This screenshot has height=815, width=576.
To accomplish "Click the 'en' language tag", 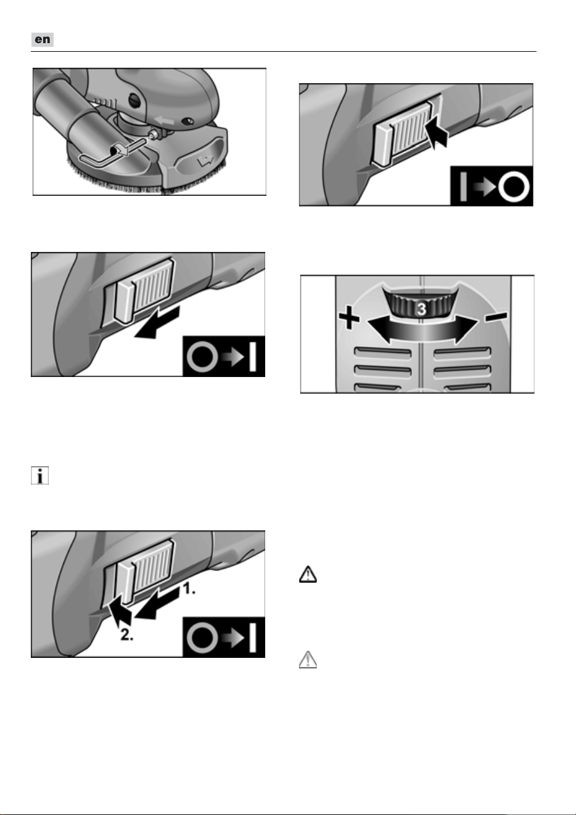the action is click(43, 39).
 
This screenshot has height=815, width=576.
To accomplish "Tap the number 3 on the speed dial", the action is click(421, 309).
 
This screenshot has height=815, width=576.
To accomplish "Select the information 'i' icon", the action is click(39, 476).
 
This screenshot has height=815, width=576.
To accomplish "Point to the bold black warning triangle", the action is click(308, 575).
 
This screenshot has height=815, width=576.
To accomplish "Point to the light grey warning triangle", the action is click(308, 660).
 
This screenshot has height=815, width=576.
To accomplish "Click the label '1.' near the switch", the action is click(189, 588).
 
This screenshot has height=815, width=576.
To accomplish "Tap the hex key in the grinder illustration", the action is click(105, 157).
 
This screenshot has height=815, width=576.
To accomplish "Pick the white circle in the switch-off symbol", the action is click(514, 187).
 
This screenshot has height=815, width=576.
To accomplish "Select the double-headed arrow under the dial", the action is click(422, 330).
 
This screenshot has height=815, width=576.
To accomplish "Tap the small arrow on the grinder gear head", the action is click(163, 119).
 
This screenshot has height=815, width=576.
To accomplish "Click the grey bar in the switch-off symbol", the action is click(463, 187).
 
